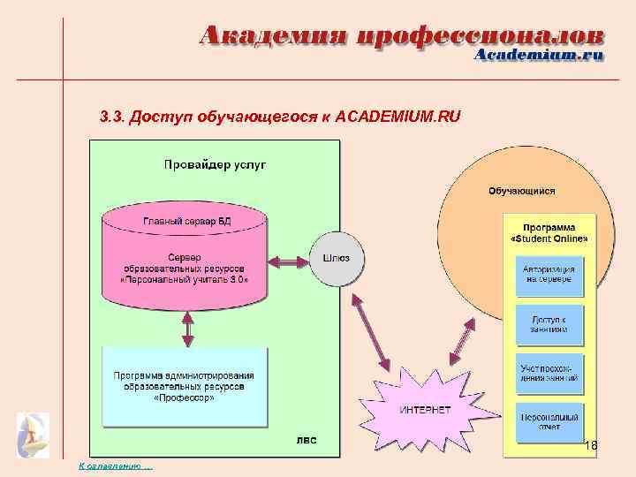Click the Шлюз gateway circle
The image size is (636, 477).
pyautogui.click(x=337, y=259)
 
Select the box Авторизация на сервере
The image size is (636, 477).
pyautogui.click(x=549, y=274)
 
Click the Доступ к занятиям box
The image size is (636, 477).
pyautogui.click(x=549, y=324)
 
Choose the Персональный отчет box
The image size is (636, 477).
pyautogui.click(x=549, y=421)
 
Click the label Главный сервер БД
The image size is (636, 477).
pyautogui.click(x=186, y=220)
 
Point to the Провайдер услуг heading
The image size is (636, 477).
pyautogui.click(x=215, y=164)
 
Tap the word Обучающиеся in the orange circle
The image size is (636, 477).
pyautogui.click(x=521, y=190)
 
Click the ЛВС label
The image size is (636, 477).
pyautogui.click(x=306, y=439)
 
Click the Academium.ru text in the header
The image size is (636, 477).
pyautogui.click(x=539, y=55)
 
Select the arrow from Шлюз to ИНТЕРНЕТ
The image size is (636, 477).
pyautogui.click(x=371, y=329)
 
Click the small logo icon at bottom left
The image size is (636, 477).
pyautogui.click(x=33, y=434)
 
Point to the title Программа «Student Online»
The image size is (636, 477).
pyautogui.click(x=549, y=233)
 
